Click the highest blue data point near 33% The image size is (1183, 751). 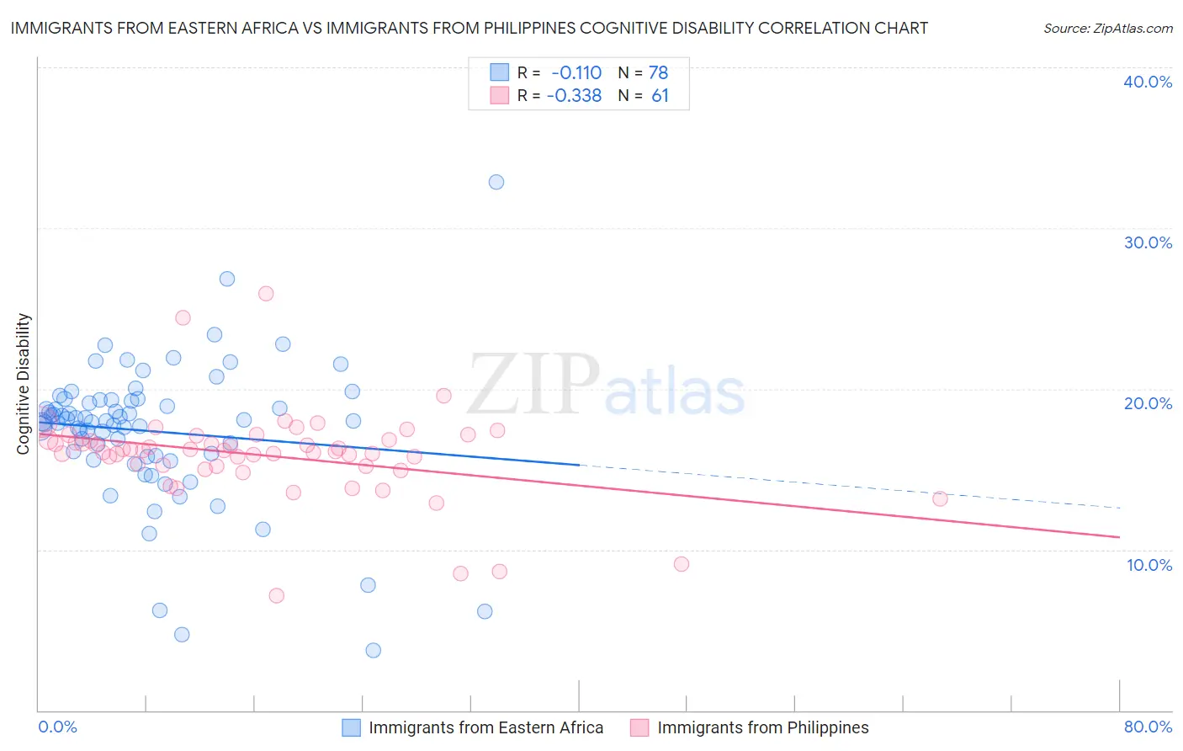496,182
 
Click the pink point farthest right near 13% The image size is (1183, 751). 940,498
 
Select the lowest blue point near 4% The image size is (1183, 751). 374,650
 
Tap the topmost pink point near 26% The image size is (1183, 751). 266,294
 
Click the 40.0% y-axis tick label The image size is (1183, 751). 1148,82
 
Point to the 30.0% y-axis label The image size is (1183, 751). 1148,242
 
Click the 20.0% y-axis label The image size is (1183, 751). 1148,403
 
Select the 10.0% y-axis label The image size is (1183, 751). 1149,565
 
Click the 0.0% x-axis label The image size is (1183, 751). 58,727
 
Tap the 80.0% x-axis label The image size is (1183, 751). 1148,727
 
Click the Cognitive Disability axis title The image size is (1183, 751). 24,384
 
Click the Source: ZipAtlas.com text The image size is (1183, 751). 1107,29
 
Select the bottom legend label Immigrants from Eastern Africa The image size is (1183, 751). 485,728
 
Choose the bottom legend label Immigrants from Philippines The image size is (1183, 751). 762,728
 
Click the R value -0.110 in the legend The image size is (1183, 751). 576,72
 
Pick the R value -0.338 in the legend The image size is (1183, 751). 575,96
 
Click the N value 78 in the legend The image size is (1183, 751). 658,72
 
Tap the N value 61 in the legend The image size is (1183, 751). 660,96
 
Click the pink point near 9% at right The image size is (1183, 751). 682,564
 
